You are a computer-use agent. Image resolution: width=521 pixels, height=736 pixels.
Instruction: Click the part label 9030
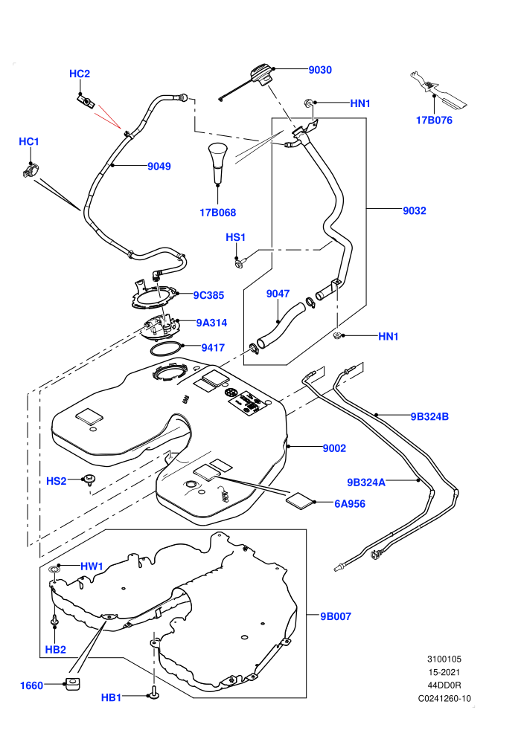pyautogui.click(x=320, y=70)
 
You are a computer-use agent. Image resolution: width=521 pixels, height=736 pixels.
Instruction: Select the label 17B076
pyautogui.click(x=434, y=120)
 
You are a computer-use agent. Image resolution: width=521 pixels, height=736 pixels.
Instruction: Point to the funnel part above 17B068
pyautogui.click(x=218, y=162)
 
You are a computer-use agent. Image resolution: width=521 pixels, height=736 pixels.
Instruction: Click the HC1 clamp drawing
pyautogui.click(x=30, y=170)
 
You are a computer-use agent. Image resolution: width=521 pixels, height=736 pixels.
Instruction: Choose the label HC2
pyautogui.click(x=80, y=74)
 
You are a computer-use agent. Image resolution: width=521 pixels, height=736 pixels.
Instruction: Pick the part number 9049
pyautogui.click(x=159, y=167)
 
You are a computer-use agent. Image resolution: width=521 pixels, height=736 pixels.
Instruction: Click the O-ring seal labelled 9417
pyautogui.click(x=165, y=349)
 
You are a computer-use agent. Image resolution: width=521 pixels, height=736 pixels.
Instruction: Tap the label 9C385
pyautogui.click(x=208, y=295)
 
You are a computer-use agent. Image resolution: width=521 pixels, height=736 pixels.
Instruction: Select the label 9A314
pyautogui.click(x=211, y=323)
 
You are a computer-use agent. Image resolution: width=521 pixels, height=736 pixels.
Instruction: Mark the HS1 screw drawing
pyautogui.click(x=240, y=261)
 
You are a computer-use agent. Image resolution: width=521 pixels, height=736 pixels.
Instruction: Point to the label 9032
pyautogui.click(x=415, y=210)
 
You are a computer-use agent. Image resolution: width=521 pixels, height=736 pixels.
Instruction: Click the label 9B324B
pyautogui.click(x=429, y=416)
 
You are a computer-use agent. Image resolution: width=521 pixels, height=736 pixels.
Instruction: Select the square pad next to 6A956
pyautogui.click(x=299, y=501)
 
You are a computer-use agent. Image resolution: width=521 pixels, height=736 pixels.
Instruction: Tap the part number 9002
pyautogui.click(x=334, y=448)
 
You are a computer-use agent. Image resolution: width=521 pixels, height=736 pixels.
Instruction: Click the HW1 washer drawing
pyautogui.click(x=55, y=570)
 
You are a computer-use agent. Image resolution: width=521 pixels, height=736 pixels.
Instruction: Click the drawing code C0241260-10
pyautogui.click(x=444, y=698)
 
